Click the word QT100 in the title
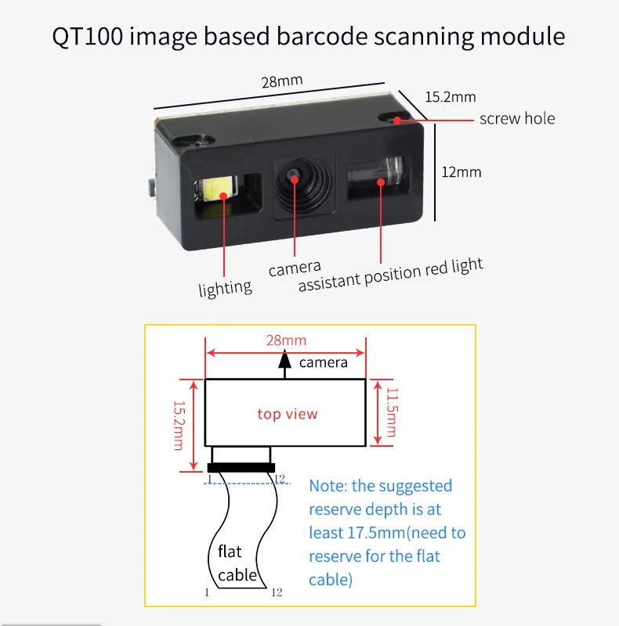point(86,37)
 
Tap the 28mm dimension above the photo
point(281,81)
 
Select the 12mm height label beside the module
point(462,171)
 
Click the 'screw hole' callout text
point(516,119)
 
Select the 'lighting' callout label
point(225,288)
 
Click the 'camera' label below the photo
point(295,268)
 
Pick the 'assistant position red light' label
point(390,275)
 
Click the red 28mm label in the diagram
point(285,340)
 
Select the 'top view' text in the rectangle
point(288,413)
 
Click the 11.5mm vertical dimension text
point(390,413)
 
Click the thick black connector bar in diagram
point(241,468)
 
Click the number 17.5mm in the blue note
point(375,533)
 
